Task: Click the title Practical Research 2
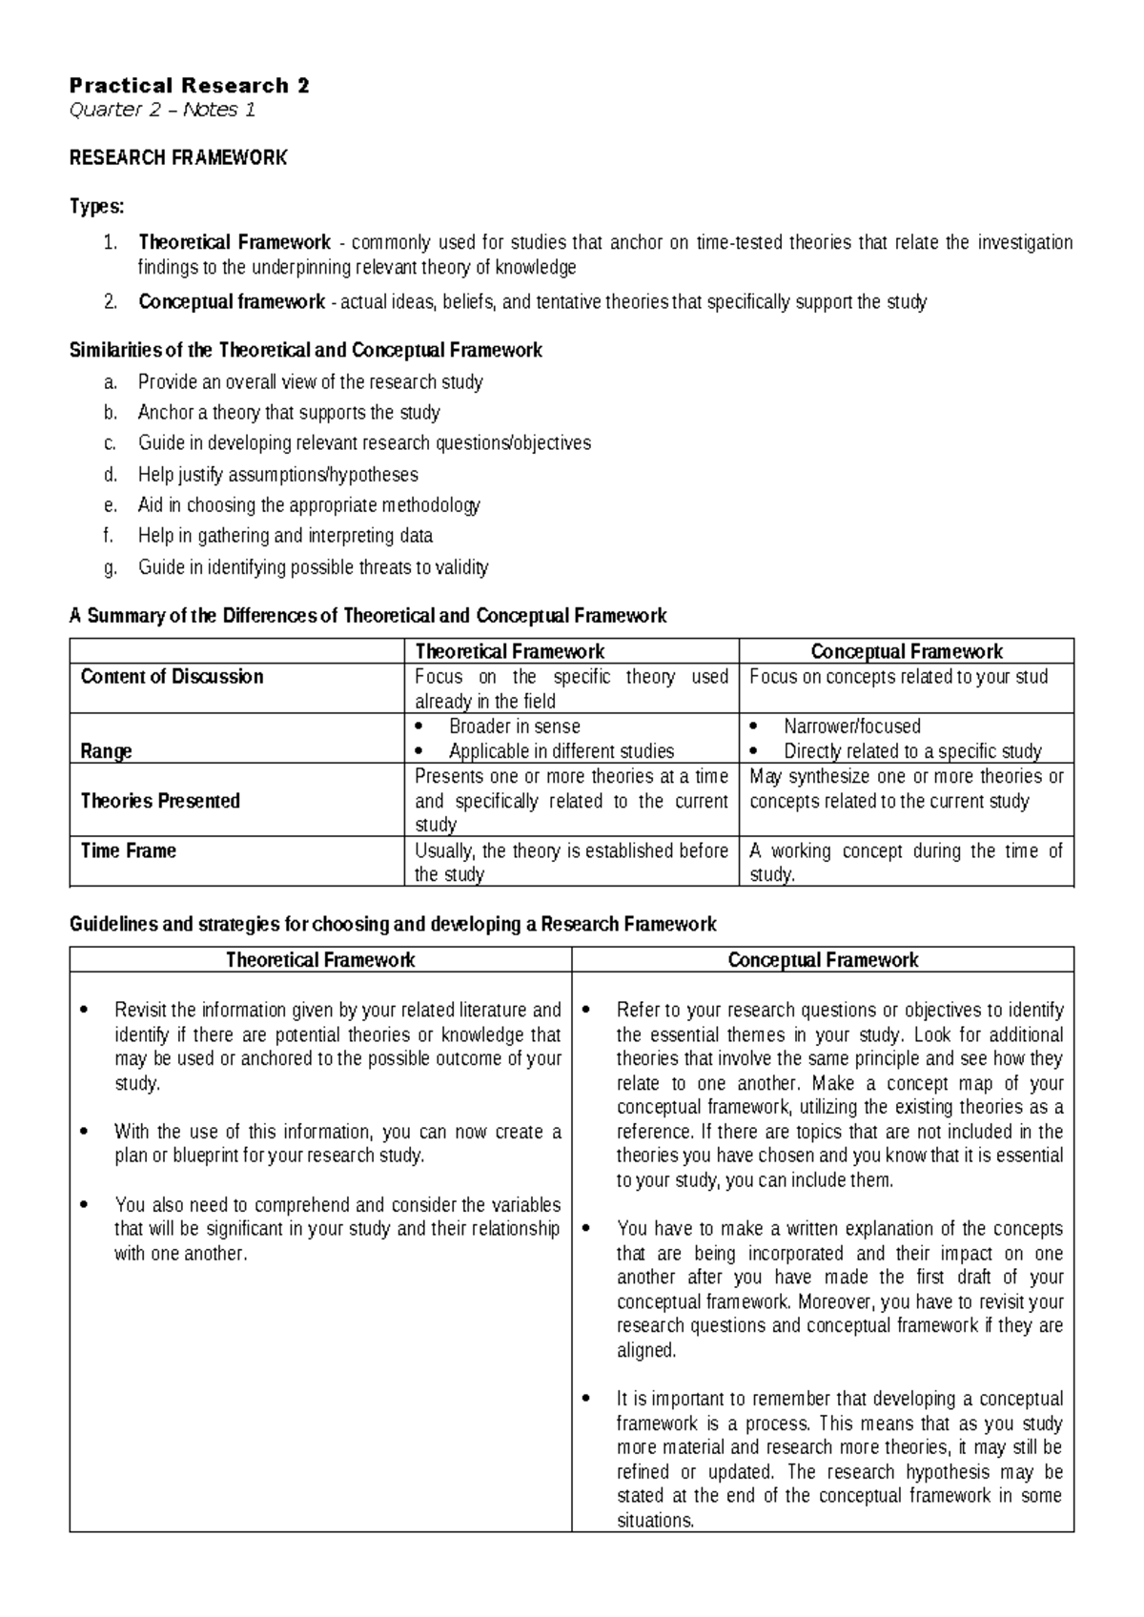point(189,85)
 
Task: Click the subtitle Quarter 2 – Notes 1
point(162,110)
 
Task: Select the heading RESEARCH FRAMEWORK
point(178,158)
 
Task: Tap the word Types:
point(96,207)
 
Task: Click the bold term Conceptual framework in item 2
point(232,302)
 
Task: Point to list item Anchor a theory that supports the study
point(289,413)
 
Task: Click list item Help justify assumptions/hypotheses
point(277,475)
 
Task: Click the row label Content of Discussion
point(172,677)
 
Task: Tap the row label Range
point(106,751)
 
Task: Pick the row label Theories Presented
point(159,801)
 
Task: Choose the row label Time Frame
point(128,850)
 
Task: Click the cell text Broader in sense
point(515,727)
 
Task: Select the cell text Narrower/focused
point(852,727)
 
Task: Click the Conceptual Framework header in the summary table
point(906,651)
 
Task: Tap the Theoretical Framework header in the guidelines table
point(319,960)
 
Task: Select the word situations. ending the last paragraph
point(655,1521)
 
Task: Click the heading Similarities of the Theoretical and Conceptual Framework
point(305,351)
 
